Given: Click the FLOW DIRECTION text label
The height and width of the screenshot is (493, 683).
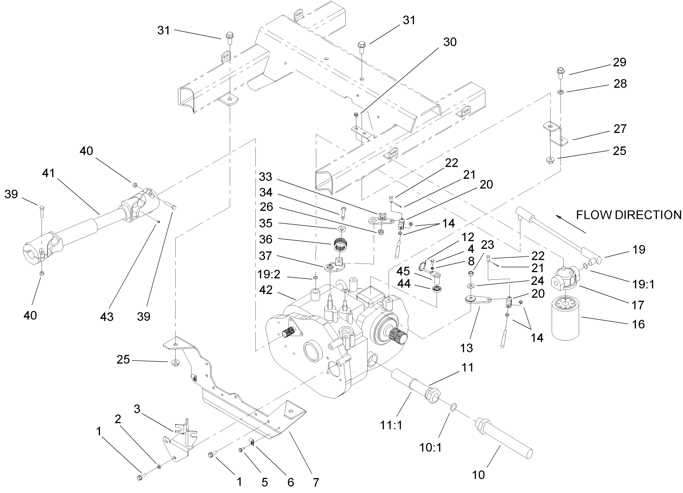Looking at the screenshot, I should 628,215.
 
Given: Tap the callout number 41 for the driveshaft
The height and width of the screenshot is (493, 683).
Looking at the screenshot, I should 48,174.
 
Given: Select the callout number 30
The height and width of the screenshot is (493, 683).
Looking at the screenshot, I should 450,42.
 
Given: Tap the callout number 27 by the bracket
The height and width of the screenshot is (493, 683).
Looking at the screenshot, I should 620,128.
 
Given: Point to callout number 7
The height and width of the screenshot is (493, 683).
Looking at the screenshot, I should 315,482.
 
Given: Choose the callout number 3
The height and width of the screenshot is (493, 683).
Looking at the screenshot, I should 137,409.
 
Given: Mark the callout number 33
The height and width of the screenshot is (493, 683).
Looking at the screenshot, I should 265,178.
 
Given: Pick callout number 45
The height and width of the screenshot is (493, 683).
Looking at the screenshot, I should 403,270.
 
